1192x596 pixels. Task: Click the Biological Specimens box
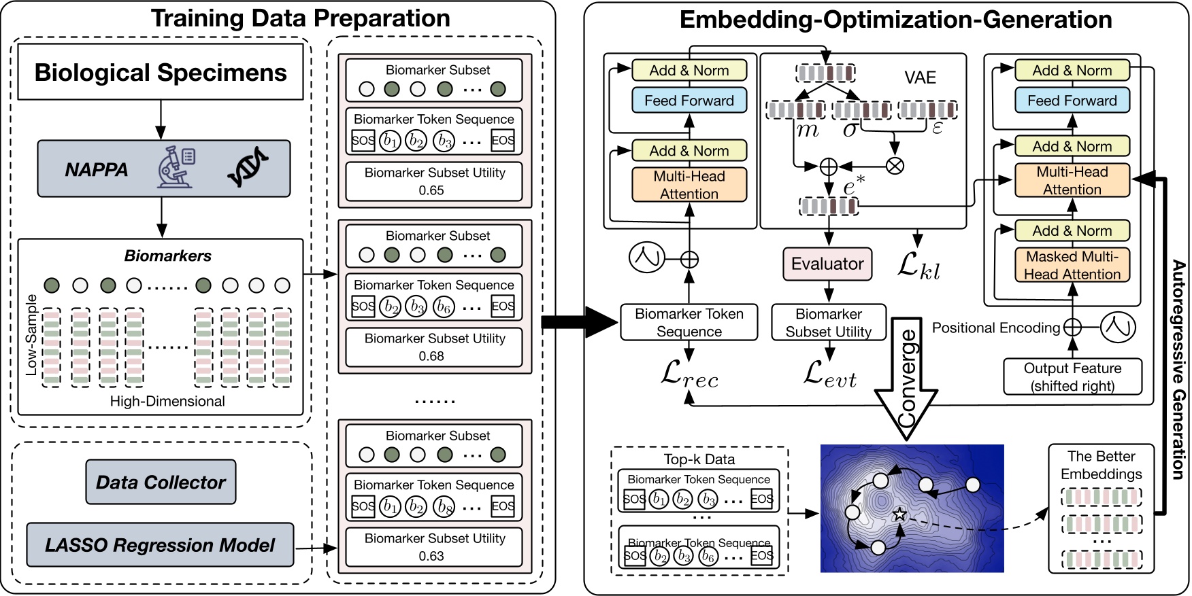[160, 73]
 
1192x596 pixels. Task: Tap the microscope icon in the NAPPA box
[176, 167]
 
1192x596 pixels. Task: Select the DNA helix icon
[248, 167]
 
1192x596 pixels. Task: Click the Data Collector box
[161, 482]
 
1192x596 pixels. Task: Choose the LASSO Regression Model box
[160, 545]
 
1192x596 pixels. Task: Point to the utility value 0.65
[431, 190]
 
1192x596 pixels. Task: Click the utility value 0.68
[431, 356]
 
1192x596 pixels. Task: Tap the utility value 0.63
[431, 556]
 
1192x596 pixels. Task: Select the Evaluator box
[827, 264]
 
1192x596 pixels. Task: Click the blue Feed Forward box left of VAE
[689, 101]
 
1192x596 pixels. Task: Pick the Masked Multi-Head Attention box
[1072, 265]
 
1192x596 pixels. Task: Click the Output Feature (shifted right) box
[1072, 377]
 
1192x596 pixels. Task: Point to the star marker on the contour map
[899, 514]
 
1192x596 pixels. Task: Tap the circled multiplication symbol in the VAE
[895, 165]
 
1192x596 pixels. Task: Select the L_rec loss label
[689, 374]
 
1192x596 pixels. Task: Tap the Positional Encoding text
[995, 328]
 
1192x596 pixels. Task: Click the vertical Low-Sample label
[31, 335]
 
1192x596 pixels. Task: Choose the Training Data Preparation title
[300, 18]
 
